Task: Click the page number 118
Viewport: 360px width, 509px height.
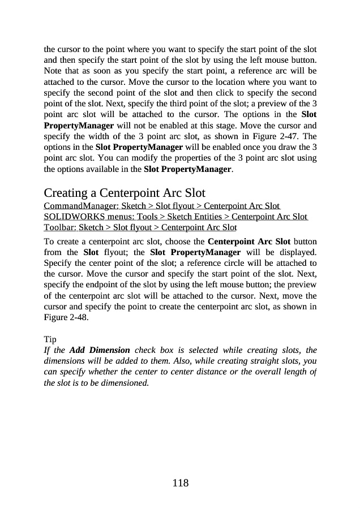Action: click(x=180, y=483)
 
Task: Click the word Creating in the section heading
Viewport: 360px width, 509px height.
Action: click(x=66, y=192)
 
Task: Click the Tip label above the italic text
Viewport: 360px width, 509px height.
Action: click(x=50, y=339)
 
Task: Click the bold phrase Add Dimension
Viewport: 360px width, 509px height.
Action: click(x=100, y=350)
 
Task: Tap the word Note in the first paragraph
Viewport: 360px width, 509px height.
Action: click(x=53, y=71)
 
